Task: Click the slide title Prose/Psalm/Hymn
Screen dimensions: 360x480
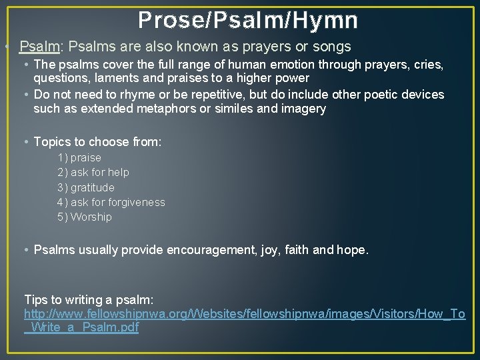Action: coord(248,21)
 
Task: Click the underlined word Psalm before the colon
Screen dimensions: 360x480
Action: coord(39,47)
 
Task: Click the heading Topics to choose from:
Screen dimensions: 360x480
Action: coord(97,141)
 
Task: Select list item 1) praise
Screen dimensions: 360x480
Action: coord(79,157)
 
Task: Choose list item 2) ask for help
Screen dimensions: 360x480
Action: coord(93,172)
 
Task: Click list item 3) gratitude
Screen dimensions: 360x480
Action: coord(86,187)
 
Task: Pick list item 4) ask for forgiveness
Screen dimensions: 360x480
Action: coord(111,202)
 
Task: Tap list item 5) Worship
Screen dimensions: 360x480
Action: coord(85,217)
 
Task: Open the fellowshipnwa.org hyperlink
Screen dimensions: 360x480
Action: coord(244,313)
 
